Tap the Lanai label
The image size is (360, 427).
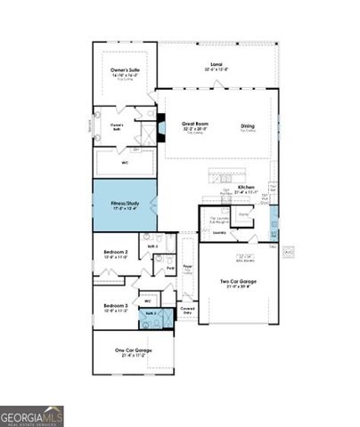pos(216,65)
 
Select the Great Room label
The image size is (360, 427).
pos(195,125)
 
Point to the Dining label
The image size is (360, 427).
pos(247,126)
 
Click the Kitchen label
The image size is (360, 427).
pos(246,187)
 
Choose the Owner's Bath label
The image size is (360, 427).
pos(117,125)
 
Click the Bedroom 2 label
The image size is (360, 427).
pos(116,253)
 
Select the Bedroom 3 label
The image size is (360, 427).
pos(116,306)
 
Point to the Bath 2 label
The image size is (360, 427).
pos(152,246)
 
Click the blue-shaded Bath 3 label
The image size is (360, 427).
pos(151,314)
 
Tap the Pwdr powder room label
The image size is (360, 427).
pos(169,268)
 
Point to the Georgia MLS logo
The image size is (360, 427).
pos(32,415)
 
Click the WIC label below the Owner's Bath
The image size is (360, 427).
pos(126,163)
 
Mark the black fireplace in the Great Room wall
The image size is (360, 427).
pos(161,128)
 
